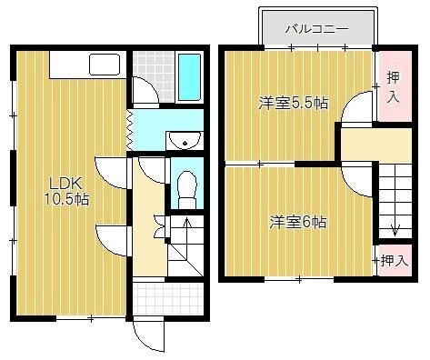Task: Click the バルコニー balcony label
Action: [316, 29]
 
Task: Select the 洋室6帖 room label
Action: [297, 221]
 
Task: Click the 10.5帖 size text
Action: [66, 197]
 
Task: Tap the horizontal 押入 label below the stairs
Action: [394, 261]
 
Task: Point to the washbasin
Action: [185, 140]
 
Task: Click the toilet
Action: [185, 186]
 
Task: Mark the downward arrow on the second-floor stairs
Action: [393, 229]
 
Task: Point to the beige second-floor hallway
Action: [359, 143]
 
